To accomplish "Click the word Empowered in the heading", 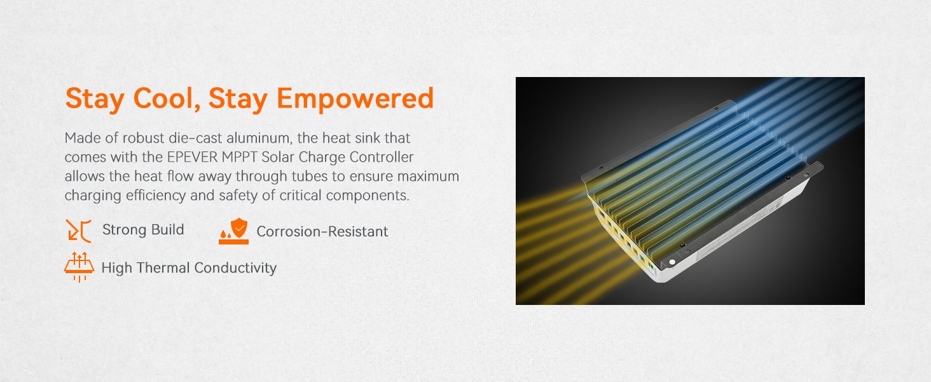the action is pos(355,99).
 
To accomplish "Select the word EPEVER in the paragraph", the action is pos(192,157).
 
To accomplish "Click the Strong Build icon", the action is pos(79,230).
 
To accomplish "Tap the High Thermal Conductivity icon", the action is pos(79,267).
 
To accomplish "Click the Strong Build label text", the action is pos(143,230).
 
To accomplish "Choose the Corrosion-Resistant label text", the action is pos(322,231).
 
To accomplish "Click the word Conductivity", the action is pos(235,268).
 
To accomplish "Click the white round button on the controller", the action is pos(672,262).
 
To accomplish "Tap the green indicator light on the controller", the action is pos(651,265).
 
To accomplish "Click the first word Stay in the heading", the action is pos(95,99).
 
